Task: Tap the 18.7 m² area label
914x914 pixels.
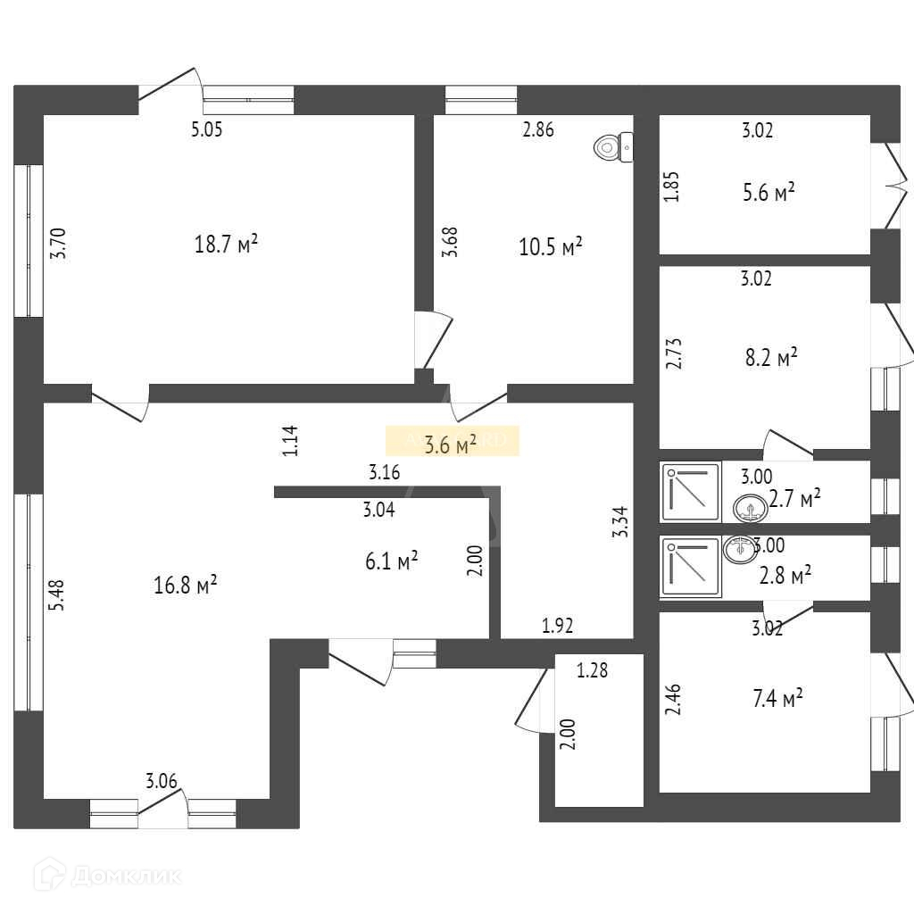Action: click(227, 244)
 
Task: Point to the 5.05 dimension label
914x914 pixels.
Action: click(206, 130)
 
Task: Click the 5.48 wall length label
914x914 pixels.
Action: click(58, 594)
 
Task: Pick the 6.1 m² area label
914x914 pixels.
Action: click(391, 561)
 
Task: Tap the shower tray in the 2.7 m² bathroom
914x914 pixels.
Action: click(691, 491)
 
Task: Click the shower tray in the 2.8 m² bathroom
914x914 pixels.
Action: click(691, 566)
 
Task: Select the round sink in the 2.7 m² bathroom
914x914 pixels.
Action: click(750, 510)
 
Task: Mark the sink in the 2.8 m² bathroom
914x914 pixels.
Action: click(738, 549)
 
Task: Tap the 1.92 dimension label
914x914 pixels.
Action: click(557, 626)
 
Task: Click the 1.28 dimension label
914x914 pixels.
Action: click(592, 670)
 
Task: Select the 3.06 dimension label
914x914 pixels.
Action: click(162, 782)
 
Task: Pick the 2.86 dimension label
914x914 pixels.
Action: click(538, 130)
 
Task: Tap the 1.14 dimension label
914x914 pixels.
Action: click(289, 441)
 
